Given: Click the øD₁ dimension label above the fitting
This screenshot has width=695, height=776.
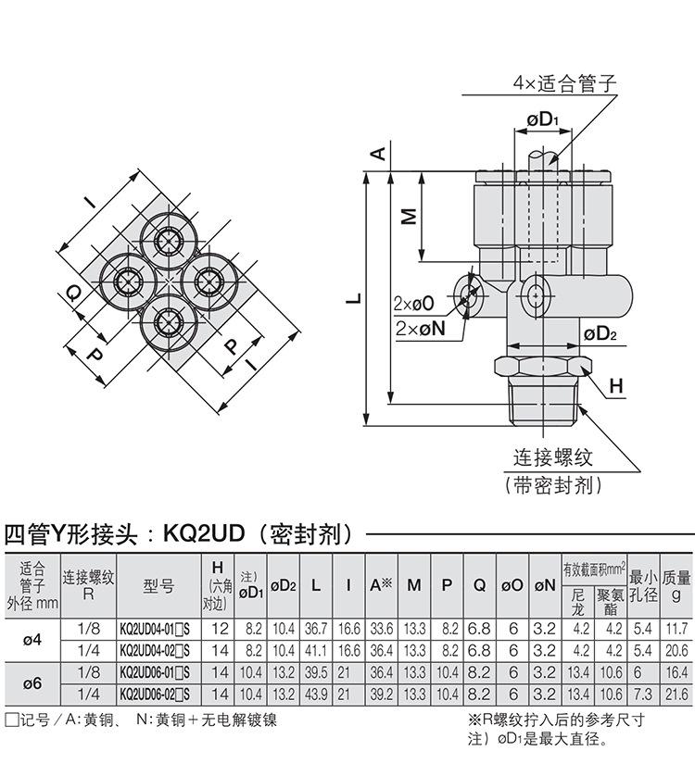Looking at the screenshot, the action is tap(543, 119).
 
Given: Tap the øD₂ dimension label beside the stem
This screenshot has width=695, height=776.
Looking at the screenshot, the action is tap(600, 333).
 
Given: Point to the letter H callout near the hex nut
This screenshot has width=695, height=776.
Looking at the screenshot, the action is tap(615, 386).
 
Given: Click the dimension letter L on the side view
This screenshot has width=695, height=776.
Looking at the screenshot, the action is tap(354, 298).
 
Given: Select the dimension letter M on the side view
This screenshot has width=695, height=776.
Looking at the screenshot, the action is tap(409, 216).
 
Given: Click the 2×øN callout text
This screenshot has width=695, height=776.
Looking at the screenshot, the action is tap(420, 328).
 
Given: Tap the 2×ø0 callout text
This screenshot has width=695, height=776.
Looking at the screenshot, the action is tap(413, 303).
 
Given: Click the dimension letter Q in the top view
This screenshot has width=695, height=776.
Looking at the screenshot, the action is tap(74, 294).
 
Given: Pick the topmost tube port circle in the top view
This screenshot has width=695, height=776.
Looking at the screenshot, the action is tap(170, 241).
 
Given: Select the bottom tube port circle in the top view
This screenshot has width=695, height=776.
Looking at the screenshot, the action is tap(170, 322).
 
